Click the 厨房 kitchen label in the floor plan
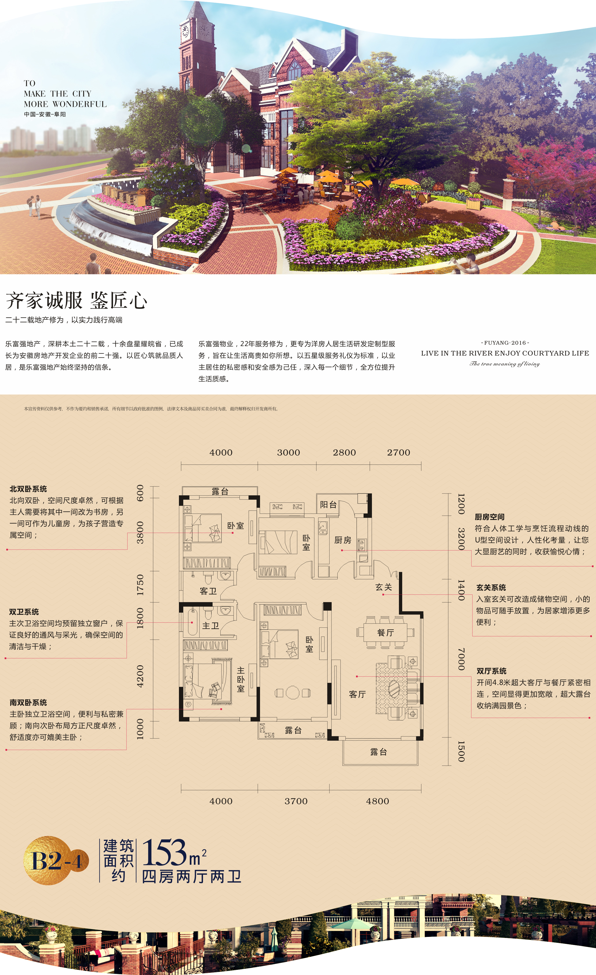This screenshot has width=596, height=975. [343, 540]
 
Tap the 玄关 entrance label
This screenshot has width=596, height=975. [384, 587]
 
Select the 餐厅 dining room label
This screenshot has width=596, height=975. [385, 633]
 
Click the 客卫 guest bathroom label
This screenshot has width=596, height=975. [208, 591]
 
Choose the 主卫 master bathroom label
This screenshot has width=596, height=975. [211, 626]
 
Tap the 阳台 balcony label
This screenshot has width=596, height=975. [328, 505]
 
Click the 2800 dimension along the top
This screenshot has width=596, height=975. [344, 452]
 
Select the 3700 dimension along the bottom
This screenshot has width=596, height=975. [296, 801]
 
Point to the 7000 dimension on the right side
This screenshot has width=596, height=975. [461, 659]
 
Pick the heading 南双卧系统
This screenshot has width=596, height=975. [28, 702]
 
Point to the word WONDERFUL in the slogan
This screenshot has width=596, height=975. [79, 104]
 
